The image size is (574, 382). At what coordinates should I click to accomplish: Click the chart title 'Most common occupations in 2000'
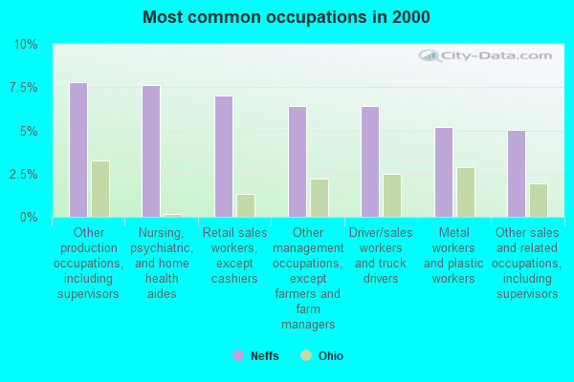tap(286, 17)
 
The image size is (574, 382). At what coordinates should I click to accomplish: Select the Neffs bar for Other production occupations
tap(78, 150)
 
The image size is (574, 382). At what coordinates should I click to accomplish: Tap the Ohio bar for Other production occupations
tap(100, 189)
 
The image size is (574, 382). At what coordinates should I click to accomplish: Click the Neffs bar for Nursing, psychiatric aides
tap(151, 151)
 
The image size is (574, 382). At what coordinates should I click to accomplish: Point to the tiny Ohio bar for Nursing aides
tap(173, 215)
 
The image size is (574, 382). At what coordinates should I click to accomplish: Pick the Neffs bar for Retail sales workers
tap(224, 157)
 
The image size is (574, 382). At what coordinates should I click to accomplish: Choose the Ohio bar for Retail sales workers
tap(246, 205)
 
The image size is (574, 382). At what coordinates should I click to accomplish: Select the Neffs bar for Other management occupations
tap(298, 161)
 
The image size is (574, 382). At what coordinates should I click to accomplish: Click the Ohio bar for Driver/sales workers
tap(392, 196)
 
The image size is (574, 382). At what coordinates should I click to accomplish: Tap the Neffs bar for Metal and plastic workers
tap(444, 172)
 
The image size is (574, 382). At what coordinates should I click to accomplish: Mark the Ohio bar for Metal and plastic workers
tap(466, 192)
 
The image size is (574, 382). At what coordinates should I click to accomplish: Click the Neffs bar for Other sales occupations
tap(517, 174)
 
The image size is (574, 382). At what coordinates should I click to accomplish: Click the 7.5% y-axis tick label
tap(23, 88)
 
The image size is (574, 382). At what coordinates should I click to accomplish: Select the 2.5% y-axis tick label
tap(23, 175)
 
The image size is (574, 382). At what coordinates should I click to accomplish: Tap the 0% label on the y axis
tap(29, 218)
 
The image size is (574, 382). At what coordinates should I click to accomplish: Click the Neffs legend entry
tap(258, 355)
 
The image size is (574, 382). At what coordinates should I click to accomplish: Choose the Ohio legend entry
tap(322, 355)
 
